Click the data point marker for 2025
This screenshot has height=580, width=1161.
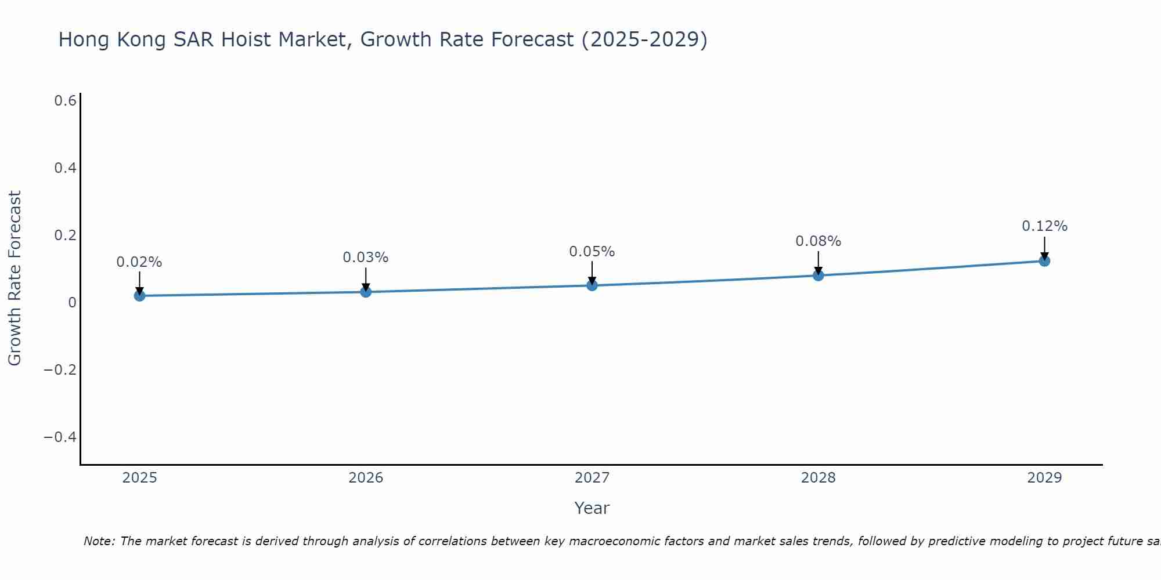(139, 296)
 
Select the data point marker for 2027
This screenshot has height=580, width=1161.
(592, 285)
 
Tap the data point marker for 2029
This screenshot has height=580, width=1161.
(1044, 261)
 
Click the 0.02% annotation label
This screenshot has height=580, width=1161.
(139, 262)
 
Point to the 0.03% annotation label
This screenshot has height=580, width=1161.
(366, 258)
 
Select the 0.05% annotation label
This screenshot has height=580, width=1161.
(592, 252)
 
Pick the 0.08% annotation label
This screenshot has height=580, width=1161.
(818, 241)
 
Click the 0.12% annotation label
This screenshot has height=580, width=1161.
(1044, 226)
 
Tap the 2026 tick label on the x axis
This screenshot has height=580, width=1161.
(366, 478)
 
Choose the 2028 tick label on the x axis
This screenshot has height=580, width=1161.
(818, 478)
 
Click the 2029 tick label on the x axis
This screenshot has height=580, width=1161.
(1044, 478)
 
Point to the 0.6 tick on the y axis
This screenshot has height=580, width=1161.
(66, 101)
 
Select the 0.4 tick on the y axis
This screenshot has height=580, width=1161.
(66, 168)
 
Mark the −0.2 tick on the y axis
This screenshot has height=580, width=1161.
(60, 369)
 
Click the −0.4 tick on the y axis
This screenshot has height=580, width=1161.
(60, 437)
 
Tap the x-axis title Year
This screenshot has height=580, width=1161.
(592, 508)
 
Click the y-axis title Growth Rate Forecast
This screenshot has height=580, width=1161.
(15, 278)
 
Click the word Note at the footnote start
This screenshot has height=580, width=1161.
(99, 541)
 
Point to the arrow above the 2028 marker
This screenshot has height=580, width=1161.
(818, 262)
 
